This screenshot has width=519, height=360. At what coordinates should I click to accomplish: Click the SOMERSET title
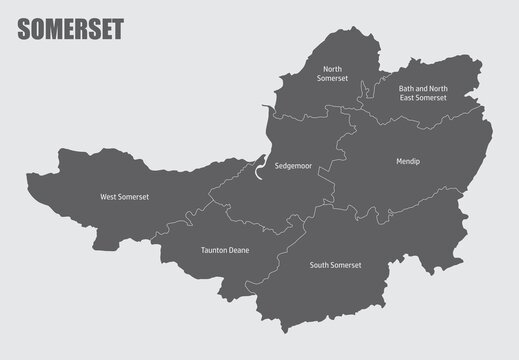click(70, 30)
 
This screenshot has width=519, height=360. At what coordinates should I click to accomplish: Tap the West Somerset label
click(124, 197)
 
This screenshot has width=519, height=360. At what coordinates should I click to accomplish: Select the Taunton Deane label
click(224, 250)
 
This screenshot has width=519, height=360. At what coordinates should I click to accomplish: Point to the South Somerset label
click(335, 265)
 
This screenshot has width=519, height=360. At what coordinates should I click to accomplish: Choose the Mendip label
click(407, 159)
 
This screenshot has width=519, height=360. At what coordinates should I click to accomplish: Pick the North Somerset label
click(332, 73)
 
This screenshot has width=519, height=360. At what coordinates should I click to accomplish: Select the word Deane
click(237, 250)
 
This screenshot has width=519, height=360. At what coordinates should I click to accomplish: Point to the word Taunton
click(212, 250)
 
